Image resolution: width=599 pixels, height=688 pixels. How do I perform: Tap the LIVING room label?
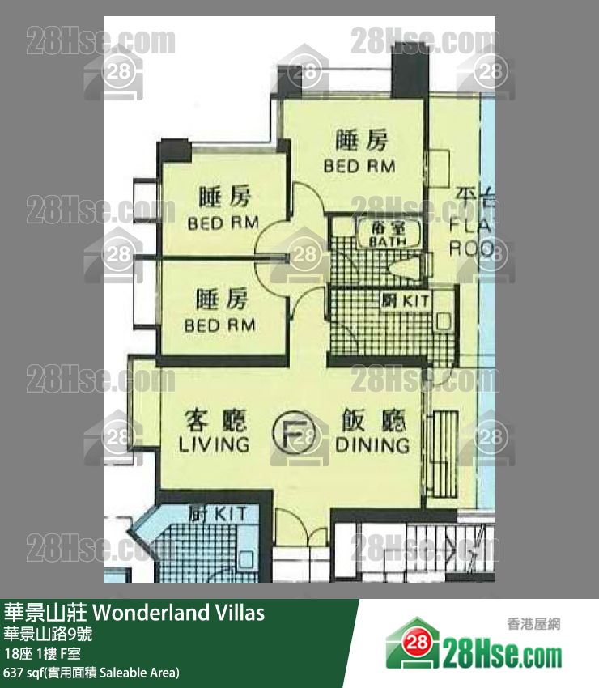tap(214, 444)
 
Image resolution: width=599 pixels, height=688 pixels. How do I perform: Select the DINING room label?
tap(372, 444)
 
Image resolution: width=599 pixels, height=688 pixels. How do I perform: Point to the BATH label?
tap(388, 241)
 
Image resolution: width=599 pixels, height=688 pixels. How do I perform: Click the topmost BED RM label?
tap(359, 166)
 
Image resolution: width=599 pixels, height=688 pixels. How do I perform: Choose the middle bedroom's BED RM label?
tap(223, 223)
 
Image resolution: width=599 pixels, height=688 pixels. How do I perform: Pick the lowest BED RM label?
tap(220, 325)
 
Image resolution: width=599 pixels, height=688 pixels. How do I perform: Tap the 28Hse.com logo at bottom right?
tap(474, 644)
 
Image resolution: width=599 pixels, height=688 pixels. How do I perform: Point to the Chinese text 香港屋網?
tap(533, 623)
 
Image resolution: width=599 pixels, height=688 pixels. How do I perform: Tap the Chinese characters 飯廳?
tap(372, 421)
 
